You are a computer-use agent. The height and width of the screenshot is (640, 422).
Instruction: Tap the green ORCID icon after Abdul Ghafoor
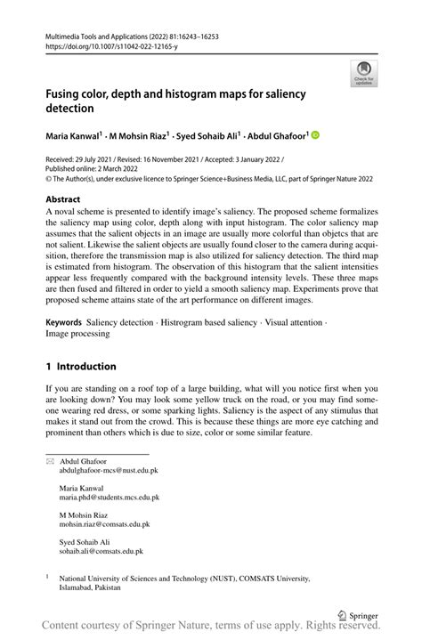point(315,135)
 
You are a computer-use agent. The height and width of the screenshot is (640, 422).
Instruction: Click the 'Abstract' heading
point(63,200)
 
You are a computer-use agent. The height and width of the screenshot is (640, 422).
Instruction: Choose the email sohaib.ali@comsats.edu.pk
point(101,552)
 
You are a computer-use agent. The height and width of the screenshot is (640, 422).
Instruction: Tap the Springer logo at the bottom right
point(361,614)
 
